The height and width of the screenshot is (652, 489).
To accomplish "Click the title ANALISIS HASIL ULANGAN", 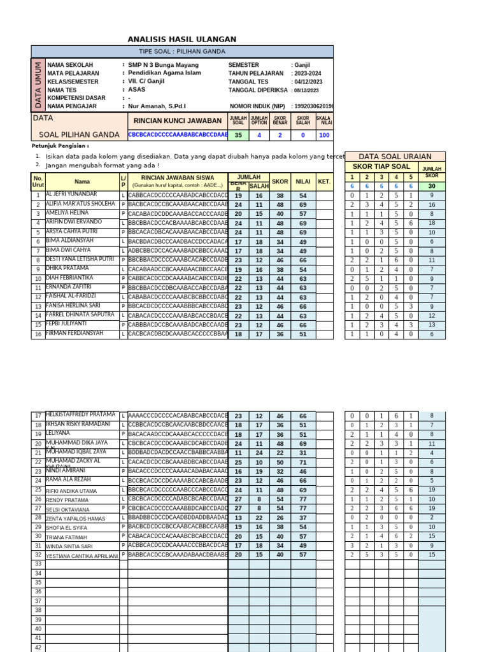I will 182,39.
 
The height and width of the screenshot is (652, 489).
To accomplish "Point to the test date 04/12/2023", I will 308,81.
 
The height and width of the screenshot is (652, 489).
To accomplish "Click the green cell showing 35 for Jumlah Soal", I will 238,135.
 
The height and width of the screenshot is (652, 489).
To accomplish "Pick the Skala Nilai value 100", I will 324,135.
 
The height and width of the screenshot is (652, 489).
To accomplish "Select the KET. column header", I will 325,181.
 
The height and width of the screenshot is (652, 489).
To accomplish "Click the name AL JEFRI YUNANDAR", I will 71,194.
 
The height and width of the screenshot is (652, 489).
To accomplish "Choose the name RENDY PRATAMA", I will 67,500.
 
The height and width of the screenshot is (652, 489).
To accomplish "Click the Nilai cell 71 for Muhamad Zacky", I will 303,462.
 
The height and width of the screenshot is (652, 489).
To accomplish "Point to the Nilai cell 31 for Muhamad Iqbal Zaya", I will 303,453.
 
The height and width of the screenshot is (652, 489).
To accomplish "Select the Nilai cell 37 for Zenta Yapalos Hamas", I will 303,518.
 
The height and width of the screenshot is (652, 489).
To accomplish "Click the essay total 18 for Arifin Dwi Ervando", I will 432,223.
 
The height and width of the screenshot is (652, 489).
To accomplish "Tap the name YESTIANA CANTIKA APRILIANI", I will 81,555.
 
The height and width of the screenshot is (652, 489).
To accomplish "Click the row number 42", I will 38,647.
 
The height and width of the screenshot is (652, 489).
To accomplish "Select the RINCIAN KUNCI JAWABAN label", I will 178,120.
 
